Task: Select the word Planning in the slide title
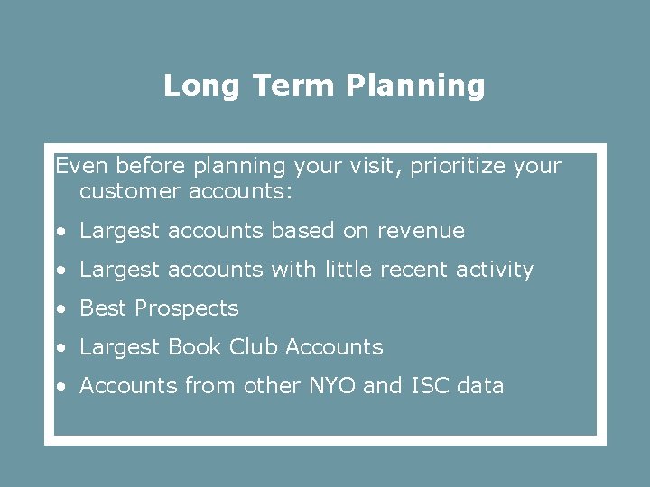415,87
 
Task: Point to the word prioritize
458,168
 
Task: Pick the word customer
130,191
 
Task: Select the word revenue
421,231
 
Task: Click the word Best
103,308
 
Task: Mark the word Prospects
187,309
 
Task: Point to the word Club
254,347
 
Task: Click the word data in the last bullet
480,386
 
